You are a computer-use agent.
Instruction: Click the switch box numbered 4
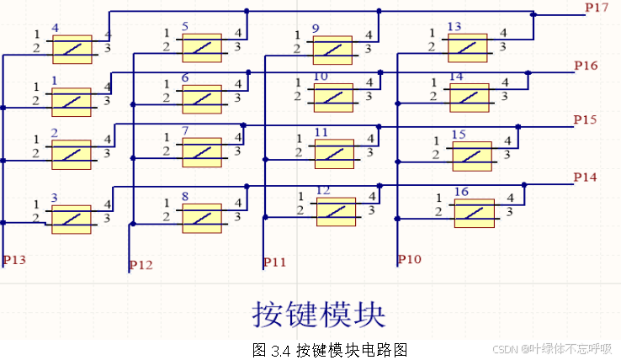pyautogui.click(x=72, y=49)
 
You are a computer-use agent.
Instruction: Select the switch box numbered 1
pyautogui.click(x=72, y=102)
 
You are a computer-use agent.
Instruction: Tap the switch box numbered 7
pyautogui.click(x=202, y=152)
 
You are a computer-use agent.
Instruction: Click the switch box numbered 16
pyautogui.click(x=474, y=213)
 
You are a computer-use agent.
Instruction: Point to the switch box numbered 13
pyautogui.click(x=467, y=48)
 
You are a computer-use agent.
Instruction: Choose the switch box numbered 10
pyautogui.click(x=333, y=98)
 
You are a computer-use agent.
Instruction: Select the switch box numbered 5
pyautogui.click(x=202, y=48)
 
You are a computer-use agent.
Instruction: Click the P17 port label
pyautogui.click(x=597, y=8)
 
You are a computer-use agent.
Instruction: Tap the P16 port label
pyautogui.click(x=586, y=66)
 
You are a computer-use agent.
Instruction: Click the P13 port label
pyautogui.click(x=14, y=260)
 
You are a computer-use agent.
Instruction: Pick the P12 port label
pyautogui.click(x=141, y=266)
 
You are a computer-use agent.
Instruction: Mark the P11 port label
pyautogui.click(x=274, y=262)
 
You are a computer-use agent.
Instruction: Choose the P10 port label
pyautogui.click(x=409, y=260)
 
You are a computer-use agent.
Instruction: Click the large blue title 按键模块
pyautogui.click(x=319, y=313)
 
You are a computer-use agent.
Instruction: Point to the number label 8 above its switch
pyautogui.click(x=185, y=197)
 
